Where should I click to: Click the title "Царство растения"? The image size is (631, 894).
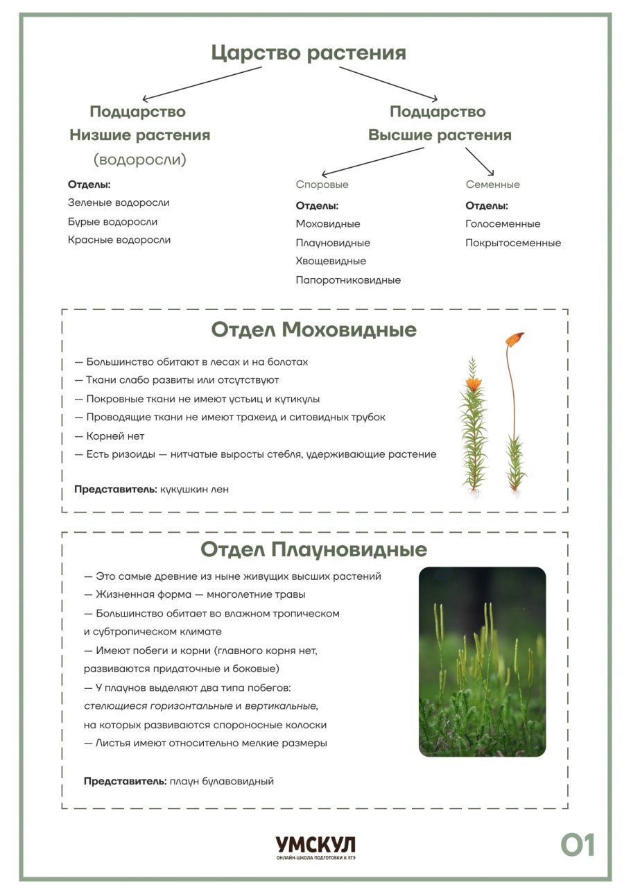[309, 53]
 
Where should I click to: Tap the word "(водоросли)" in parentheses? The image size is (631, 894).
[140, 160]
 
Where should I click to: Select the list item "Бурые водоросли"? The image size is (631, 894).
[112, 222]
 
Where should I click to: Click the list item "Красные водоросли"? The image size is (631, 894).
[119, 240]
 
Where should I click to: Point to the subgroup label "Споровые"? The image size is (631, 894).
[322, 184]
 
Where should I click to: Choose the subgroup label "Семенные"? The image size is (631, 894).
[492, 184]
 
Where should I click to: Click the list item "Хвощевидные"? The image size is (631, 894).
[331, 261]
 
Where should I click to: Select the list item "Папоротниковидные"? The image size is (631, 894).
[348, 280]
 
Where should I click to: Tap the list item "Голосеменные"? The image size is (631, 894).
[503, 224]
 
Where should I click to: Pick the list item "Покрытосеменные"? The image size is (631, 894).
[513, 243]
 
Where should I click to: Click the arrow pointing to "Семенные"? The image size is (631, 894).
[480, 161]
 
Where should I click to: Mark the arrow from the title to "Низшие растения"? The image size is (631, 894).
[201, 84]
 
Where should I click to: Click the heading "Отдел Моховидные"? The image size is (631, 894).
[313, 329]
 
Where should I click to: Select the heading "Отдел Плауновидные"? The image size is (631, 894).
[313, 550]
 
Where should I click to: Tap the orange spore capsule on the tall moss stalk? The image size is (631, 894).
[514, 339]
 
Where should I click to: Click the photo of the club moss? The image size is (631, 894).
[482, 662]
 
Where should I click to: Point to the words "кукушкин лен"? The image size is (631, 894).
[194, 490]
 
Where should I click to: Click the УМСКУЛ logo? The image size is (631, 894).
[315, 845]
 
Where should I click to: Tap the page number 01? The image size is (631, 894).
[578, 845]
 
